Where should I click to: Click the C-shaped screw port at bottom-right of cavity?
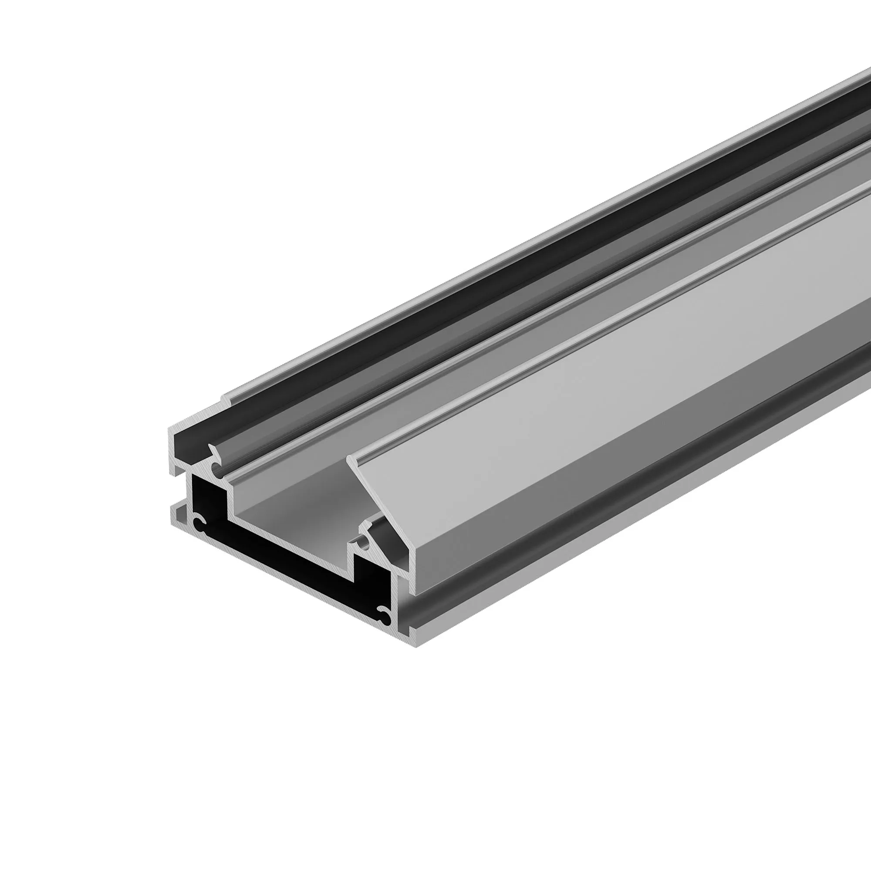[385, 616]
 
